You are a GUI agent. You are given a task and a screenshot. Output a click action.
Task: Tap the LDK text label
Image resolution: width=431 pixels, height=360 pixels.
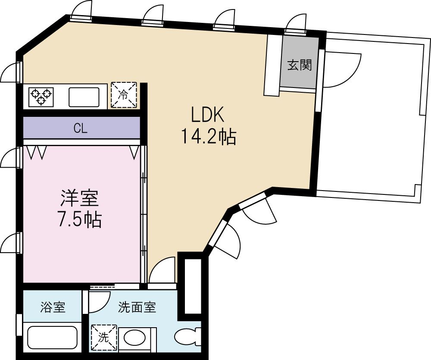pyautogui.click(x=208, y=116)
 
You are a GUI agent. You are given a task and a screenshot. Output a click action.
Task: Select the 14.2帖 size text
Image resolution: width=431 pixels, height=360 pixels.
pyautogui.click(x=208, y=137)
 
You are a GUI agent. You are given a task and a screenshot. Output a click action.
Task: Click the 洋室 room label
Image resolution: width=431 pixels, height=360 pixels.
pyautogui.click(x=79, y=199)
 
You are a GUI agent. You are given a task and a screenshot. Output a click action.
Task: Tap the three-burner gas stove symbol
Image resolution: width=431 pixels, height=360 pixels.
pyautogui.click(x=41, y=97)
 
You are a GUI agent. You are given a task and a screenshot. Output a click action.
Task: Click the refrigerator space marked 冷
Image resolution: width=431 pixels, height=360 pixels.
pyautogui.click(x=124, y=95)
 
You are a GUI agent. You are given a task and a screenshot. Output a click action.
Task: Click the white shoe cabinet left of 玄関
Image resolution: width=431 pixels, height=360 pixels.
pyautogui.click(x=272, y=65)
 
